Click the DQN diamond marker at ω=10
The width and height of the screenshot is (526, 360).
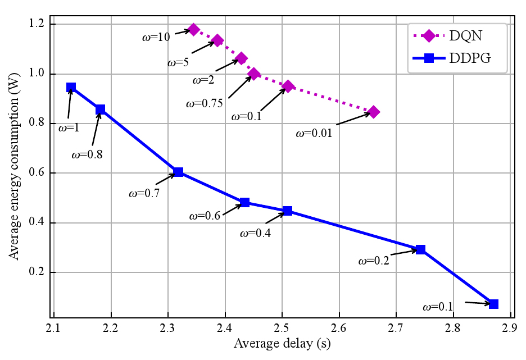(x=194, y=29)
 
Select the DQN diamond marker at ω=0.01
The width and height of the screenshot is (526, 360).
(x=373, y=112)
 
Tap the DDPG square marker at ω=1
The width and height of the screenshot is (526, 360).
(x=71, y=87)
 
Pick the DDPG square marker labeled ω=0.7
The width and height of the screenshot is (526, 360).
(x=179, y=172)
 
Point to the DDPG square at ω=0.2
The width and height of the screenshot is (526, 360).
(x=420, y=249)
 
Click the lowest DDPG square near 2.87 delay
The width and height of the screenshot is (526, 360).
(x=493, y=304)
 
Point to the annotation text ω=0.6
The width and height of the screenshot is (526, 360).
(x=205, y=215)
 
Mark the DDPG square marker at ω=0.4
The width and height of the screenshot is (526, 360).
(x=287, y=211)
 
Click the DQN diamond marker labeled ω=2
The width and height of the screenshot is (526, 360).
(x=242, y=58)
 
